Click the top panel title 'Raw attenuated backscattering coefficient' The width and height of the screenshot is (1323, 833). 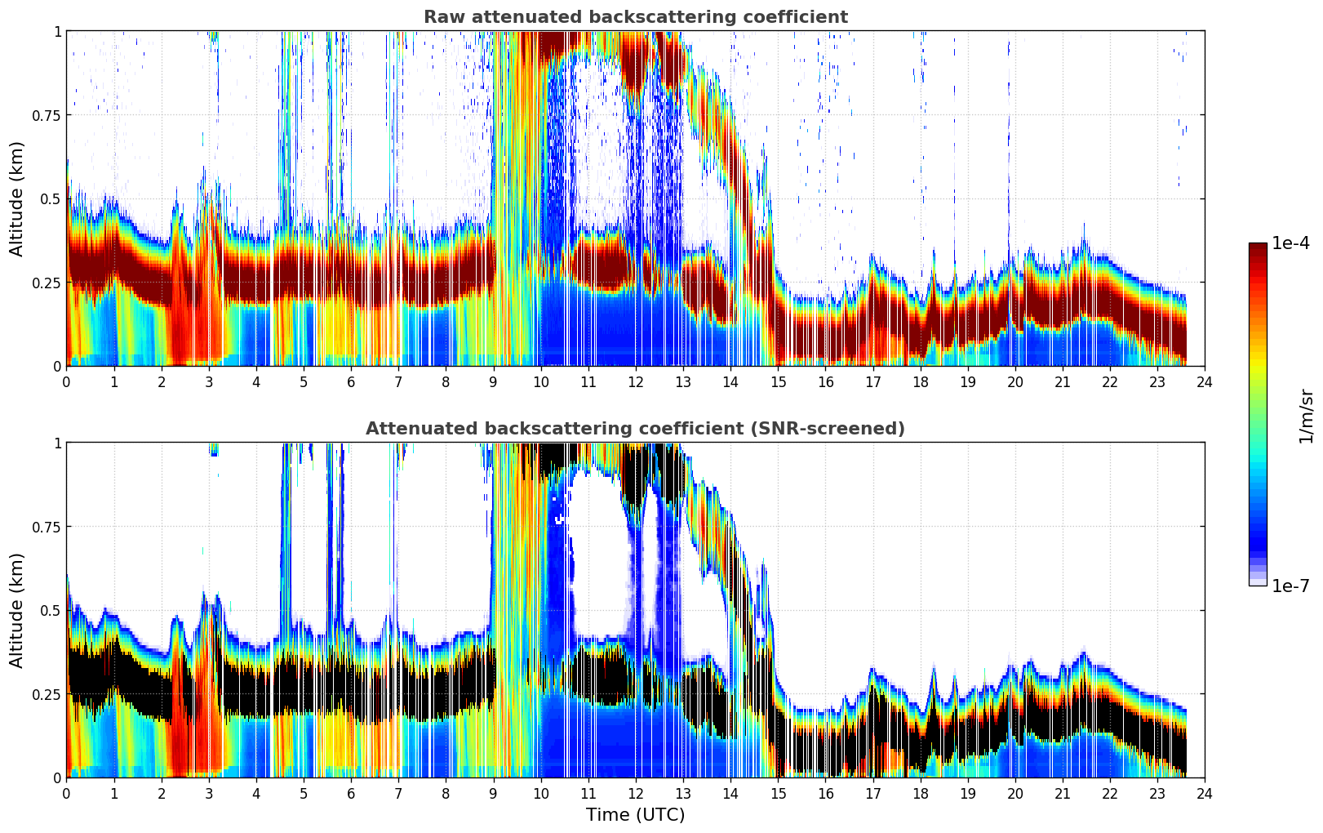click(x=635, y=17)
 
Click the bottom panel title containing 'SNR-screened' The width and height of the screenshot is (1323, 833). click(x=635, y=429)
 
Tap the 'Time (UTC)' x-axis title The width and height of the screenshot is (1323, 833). click(x=635, y=815)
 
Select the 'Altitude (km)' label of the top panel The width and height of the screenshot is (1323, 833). click(x=17, y=198)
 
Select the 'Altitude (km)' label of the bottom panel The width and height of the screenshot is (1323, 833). click(x=17, y=610)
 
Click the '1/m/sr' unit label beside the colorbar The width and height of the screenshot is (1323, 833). click(x=1306, y=416)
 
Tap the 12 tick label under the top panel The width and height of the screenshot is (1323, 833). click(x=635, y=382)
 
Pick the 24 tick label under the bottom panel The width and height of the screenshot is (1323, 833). click(x=1204, y=794)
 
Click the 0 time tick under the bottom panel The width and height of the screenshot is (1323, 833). click(x=66, y=794)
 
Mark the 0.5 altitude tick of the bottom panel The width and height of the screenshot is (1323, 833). click(x=51, y=611)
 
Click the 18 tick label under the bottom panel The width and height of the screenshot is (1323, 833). click(x=920, y=794)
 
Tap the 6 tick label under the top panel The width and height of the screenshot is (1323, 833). click(x=351, y=382)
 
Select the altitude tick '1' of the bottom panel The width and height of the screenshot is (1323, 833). click(x=57, y=443)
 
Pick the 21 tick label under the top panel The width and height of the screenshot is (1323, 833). click(x=1062, y=382)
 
